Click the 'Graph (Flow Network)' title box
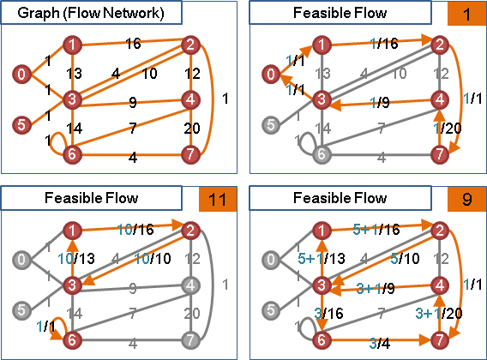tap(91, 12)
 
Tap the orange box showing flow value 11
tap(218, 199)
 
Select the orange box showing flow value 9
tap(466, 199)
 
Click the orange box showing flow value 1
tap(466, 14)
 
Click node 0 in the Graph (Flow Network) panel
tap(21, 75)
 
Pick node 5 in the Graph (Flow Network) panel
tap(21, 125)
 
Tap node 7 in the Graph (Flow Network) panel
tap(190, 154)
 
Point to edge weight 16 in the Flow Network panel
tap(133, 44)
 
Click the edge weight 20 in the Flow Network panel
tap(192, 129)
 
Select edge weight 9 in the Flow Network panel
tap(133, 102)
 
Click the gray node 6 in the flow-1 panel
tap(322, 154)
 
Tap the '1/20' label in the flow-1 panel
tap(448, 128)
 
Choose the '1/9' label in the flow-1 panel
tap(380, 102)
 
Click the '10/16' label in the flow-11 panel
tap(135, 230)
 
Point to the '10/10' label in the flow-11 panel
tap(153, 259)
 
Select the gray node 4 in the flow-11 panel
tap(190, 285)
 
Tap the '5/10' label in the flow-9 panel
tap(405, 259)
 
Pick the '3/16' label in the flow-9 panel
tap(328, 314)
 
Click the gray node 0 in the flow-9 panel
tap(271, 260)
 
